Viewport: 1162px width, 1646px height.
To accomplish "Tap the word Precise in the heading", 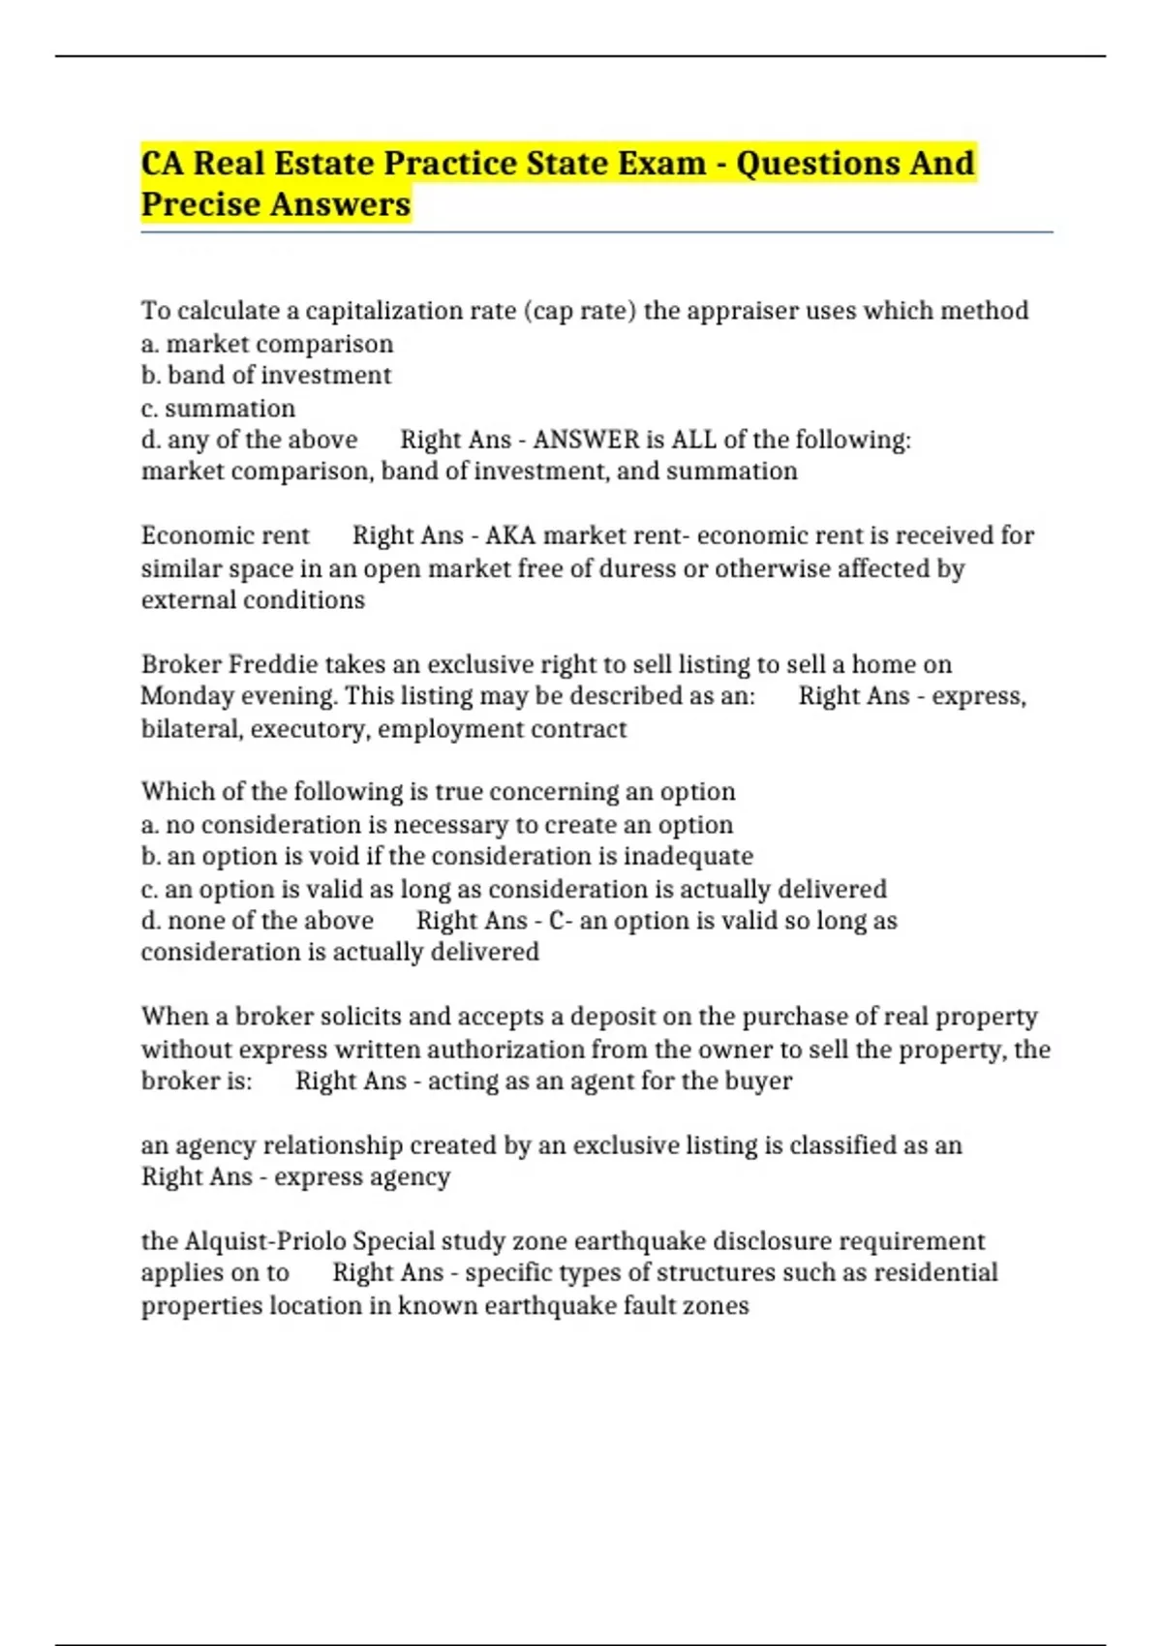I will pos(200,204).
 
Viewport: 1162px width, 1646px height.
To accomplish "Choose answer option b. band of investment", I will pos(266,376).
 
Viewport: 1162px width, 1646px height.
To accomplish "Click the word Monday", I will pos(186,696).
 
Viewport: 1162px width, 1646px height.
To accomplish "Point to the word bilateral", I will pos(192,729).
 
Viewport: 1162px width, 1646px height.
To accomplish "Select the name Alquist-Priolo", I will pos(264,1241).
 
